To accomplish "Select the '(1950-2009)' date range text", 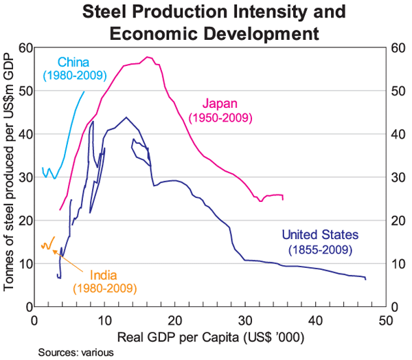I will tap(222, 118).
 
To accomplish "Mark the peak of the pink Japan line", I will tap(147, 57).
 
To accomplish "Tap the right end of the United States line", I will tap(366, 279).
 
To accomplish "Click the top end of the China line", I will tap(84, 91).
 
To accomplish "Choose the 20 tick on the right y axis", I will tap(396, 221).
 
